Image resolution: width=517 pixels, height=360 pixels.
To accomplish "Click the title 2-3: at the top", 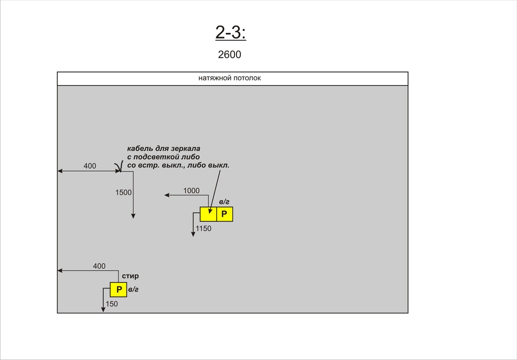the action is pos(230,32).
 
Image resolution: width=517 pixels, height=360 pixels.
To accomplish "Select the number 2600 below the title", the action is pos(229,55).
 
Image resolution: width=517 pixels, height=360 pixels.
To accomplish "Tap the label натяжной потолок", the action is pos(229,78).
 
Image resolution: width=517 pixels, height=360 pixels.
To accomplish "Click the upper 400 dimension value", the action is pos(90,166).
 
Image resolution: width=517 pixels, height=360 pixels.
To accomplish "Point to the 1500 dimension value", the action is pos(123,193).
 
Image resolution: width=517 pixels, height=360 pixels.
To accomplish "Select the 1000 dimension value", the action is pos(191,191).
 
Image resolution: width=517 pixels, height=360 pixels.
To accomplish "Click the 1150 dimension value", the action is pos(204,229).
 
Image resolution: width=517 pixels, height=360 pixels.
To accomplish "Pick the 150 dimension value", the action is pos(112,304).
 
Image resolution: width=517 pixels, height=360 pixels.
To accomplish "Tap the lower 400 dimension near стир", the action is pos(99,266).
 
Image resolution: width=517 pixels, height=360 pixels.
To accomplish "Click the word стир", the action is pos(130,276).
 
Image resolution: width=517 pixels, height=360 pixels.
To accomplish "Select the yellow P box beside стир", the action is pos(119,290).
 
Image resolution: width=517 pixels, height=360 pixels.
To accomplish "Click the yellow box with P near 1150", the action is pos(225,214).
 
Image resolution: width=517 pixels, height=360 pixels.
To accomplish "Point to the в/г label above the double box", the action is pos(224,201).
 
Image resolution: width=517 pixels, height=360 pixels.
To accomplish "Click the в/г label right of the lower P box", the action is pos(133,290).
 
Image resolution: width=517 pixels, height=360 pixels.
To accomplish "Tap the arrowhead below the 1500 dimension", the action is pos(133,216).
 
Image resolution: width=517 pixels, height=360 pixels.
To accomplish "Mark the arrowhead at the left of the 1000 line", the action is pos(167,195).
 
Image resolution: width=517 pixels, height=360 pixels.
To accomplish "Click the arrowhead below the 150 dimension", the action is pos(103,309).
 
